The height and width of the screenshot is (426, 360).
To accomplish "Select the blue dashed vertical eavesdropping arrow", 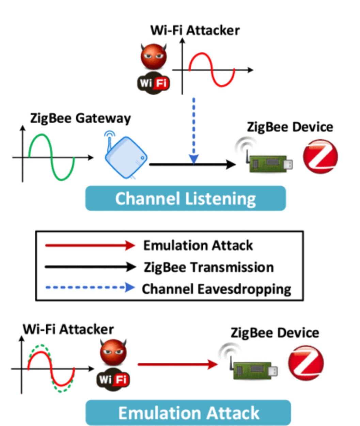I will point(193,129).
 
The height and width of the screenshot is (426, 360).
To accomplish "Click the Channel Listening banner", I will point(185,199).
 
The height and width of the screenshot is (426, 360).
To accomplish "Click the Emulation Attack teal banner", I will point(188,413).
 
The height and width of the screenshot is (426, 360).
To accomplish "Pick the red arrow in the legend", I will point(90,245).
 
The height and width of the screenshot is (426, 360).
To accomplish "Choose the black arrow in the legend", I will point(90,267).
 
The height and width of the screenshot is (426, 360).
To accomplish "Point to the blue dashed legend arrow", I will point(90,288).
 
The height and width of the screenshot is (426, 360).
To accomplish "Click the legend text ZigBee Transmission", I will point(208,267).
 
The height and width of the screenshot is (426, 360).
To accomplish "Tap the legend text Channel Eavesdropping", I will point(216,289).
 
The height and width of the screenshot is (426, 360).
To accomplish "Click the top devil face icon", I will point(154,56).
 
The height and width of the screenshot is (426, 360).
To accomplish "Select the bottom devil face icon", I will point(113,351).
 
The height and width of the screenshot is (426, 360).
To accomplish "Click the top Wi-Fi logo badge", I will point(153,83).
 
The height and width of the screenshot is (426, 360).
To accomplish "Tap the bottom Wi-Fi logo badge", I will point(113,379).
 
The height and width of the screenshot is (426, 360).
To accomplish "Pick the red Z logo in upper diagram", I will point(320,157).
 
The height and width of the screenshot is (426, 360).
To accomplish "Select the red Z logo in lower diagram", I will point(306,363).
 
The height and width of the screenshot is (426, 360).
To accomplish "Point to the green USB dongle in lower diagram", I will point(255,369).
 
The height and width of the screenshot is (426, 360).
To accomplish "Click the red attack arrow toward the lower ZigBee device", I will point(177,364).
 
